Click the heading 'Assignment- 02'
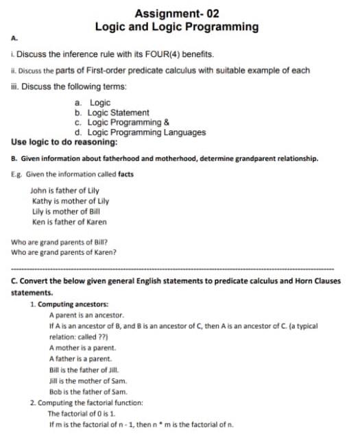[177, 13]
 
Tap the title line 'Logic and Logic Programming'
[177, 27]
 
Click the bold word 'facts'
[125, 174]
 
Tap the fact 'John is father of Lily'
[65, 193]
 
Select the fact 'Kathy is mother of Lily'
[70, 202]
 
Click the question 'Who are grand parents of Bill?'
[59, 241]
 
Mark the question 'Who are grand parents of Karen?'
[64, 251]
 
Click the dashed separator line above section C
[173, 269]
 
